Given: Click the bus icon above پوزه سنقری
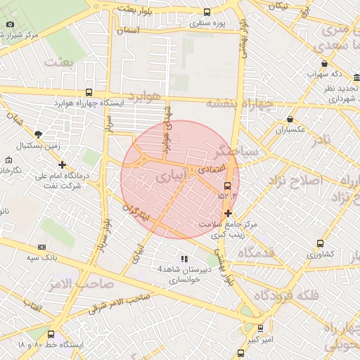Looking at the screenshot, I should pyautogui.click(x=206, y=12).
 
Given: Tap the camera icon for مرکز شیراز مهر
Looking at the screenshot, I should pyautogui.click(x=10, y=25).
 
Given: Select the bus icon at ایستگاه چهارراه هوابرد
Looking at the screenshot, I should pyautogui.click(x=88, y=92).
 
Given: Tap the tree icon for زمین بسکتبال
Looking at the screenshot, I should pyautogui.click(x=37, y=134).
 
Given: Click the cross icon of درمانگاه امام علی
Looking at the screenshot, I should pyautogui.click(x=63, y=165).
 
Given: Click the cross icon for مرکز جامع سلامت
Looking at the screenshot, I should pyautogui.click(x=228, y=212).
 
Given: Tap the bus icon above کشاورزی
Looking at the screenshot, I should pyautogui.click(x=320, y=243).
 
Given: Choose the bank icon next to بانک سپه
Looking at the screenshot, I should pyautogui.click(x=41, y=247).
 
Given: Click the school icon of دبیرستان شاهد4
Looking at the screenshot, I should pyautogui.click(x=184, y=259).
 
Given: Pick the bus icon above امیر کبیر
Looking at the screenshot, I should pyautogui.click(x=260, y=328).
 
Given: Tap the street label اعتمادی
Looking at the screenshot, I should pyautogui.click(x=211, y=169).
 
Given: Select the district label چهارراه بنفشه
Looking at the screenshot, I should pyautogui.click(x=238, y=104).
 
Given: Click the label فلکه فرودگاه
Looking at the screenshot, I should pyautogui.click(x=286, y=295).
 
